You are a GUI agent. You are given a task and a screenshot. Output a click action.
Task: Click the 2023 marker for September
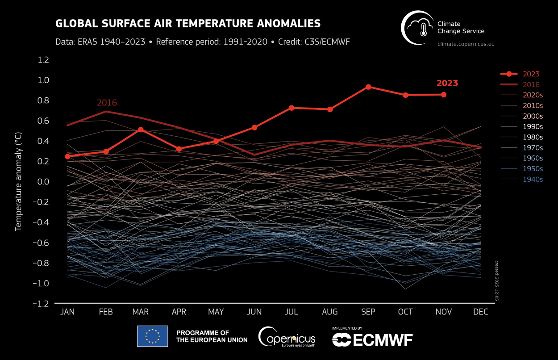(x=368, y=87)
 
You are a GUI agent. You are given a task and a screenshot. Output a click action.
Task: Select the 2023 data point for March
(x=141, y=130)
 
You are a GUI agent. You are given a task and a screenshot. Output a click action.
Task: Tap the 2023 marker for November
(x=443, y=94)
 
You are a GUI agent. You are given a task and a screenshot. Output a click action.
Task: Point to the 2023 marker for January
(x=67, y=156)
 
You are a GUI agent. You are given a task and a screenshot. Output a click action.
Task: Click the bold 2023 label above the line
(x=447, y=83)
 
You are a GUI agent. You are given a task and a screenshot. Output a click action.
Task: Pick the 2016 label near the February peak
(x=107, y=103)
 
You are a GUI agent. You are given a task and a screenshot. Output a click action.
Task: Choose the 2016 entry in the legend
(x=531, y=84)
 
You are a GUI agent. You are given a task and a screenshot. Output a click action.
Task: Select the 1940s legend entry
(x=533, y=179)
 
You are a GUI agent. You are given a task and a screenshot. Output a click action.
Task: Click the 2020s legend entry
(x=533, y=95)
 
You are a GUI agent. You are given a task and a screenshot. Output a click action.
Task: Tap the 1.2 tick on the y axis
(x=43, y=60)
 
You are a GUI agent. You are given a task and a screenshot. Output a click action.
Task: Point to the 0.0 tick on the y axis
(x=43, y=182)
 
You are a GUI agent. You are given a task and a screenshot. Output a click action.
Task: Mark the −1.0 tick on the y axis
(x=41, y=284)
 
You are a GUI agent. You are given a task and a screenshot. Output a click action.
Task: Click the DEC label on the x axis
(x=481, y=312)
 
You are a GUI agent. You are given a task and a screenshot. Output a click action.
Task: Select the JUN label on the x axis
(x=254, y=312)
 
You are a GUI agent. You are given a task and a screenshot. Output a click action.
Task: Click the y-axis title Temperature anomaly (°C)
(x=18, y=182)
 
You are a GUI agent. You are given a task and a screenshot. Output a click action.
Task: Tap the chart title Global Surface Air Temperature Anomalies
(x=187, y=24)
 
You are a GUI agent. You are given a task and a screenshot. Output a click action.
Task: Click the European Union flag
(x=153, y=336)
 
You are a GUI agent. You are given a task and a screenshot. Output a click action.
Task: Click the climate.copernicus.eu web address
(x=466, y=44)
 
